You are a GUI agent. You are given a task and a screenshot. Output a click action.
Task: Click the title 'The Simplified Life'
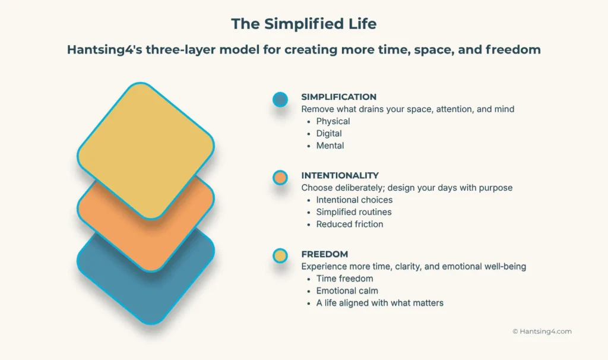point(303,24)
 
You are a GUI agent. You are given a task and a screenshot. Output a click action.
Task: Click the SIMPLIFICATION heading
point(338,97)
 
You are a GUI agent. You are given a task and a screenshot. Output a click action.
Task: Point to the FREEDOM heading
point(324,254)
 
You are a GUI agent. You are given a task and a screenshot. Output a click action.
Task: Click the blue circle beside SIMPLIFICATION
point(280,99)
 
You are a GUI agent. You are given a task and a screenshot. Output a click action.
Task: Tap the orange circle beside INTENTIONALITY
point(280,178)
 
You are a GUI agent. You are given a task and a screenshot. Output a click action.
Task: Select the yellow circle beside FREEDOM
point(280,256)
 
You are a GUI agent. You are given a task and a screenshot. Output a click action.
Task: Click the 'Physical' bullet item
point(332,121)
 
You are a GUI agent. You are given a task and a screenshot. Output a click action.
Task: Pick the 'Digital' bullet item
point(328,134)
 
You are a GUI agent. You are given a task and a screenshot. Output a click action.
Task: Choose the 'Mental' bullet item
point(330,146)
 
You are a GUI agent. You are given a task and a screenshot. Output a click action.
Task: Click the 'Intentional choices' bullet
point(354,200)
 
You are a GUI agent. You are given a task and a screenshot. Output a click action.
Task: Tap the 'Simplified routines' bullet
point(353,212)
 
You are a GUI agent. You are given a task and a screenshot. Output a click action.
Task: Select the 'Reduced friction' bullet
point(349,224)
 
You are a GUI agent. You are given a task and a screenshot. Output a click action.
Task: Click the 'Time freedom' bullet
point(344,279)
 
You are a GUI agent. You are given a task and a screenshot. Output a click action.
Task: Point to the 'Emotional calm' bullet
point(347,290)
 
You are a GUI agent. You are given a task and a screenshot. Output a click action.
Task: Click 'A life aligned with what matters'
point(379,303)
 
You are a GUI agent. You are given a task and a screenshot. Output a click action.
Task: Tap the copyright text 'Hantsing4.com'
point(546,331)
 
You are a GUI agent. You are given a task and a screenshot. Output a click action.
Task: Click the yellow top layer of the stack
point(145,149)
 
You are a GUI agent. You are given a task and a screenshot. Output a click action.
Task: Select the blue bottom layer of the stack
point(145,291)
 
